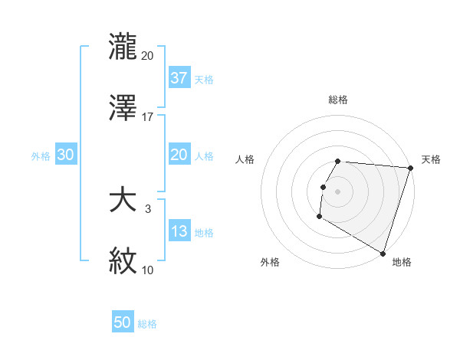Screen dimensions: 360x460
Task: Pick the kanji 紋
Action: click(x=123, y=260)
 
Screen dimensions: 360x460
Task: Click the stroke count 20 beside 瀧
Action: click(x=148, y=55)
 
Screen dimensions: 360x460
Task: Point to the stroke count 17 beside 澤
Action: click(x=148, y=116)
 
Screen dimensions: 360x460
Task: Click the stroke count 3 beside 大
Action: click(x=148, y=209)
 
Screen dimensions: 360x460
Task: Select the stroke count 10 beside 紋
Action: click(x=148, y=270)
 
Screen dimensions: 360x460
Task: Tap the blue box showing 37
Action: click(x=179, y=78)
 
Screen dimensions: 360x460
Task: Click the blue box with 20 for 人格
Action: click(x=179, y=155)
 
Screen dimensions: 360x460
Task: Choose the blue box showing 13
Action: click(x=179, y=232)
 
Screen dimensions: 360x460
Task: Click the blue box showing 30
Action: click(x=65, y=155)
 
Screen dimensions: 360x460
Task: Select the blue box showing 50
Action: click(x=123, y=323)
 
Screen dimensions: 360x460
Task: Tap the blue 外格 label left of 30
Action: click(x=41, y=156)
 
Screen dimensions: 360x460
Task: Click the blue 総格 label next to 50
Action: click(x=147, y=324)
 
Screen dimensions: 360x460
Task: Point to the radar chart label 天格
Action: click(x=431, y=159)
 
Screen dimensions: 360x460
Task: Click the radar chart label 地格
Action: click(x=402, y=262)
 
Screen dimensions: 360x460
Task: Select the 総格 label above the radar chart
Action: click(x=337, y=100)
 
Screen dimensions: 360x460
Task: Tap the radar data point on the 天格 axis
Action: click(x=410, y=168)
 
